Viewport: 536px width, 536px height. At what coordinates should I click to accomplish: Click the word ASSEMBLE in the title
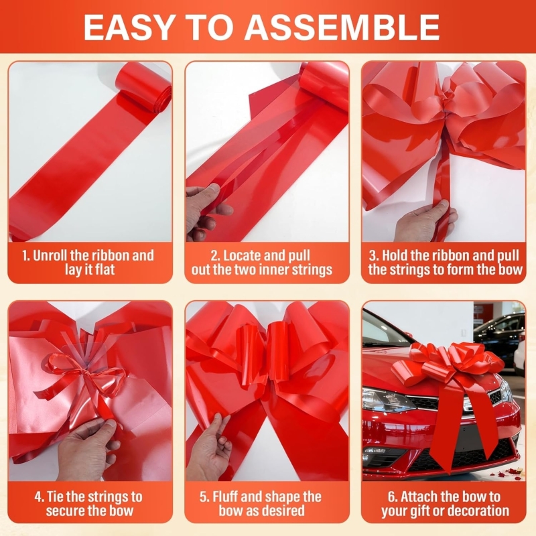point(342,27)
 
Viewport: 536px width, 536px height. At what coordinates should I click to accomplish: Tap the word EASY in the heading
point(128,27)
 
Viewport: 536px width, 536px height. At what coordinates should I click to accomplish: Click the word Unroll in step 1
point(51,255)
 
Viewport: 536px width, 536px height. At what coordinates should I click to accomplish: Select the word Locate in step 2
point(242,255)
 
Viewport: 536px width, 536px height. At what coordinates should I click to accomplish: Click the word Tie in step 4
point(56,496)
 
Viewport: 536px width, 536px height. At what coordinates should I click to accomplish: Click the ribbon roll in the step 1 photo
point(143,90)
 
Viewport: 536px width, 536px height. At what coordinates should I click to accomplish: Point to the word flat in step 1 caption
point(105,270)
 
